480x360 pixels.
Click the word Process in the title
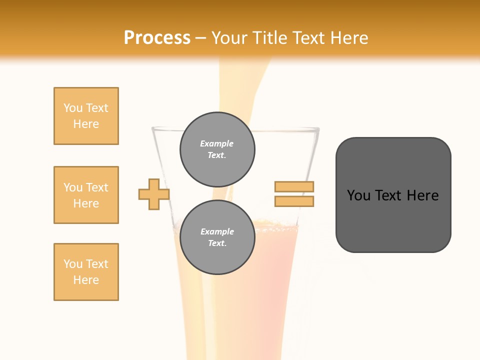[x=157, y=38]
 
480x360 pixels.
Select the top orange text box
[x=86, y=116]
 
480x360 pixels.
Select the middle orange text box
[x=86, y=195]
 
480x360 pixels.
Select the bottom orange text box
[x=86, y=272]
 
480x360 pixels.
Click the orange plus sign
[x=154, y=194]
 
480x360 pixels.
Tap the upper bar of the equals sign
[x=294, y=186]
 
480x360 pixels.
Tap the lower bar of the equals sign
[x=294, y=201]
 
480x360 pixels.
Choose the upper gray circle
[x=217, y=149]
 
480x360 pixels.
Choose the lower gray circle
[x=217, y=237]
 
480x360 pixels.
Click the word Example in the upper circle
[x=216, y=143]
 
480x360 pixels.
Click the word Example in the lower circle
[x=217, y=231]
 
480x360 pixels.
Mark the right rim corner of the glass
[x=318, y=129]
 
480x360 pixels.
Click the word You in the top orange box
[x=72, y=108]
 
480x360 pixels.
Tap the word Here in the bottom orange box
[x=86, y=280]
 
